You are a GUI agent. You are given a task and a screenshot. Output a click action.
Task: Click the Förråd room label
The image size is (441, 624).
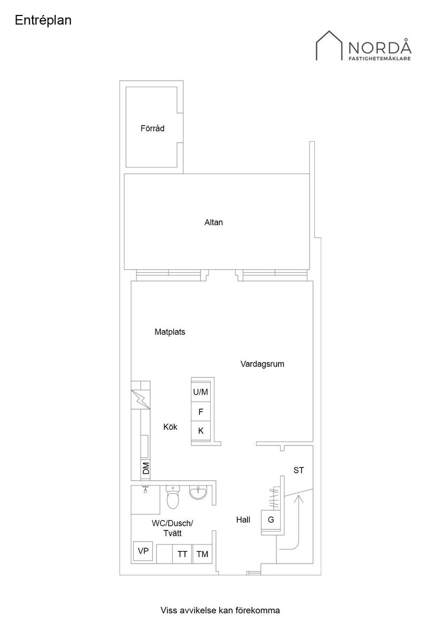152,128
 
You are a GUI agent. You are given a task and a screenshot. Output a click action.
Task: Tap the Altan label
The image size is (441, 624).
213,222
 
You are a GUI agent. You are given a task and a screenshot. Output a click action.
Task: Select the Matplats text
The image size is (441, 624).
169,332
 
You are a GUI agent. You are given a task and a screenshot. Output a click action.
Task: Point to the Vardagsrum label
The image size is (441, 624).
262,364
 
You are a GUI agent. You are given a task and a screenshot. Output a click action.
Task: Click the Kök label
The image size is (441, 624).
170,427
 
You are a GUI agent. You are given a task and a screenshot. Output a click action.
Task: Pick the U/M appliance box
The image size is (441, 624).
200,392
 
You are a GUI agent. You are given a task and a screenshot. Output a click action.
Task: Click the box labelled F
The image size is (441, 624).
200,412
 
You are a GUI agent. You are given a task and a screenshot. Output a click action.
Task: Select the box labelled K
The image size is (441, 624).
200,430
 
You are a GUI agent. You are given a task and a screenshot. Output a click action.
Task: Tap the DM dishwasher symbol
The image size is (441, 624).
145,468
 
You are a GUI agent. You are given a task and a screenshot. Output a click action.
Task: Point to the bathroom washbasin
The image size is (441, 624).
198,492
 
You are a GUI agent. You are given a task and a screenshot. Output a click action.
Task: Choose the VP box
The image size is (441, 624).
143,551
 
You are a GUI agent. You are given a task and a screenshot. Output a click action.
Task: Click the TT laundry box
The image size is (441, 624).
182,554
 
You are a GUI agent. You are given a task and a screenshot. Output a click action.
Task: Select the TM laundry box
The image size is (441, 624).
202,554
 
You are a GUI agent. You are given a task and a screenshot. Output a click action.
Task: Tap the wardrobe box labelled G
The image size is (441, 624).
271,519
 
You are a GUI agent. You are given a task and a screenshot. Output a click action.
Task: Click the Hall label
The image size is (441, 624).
243,519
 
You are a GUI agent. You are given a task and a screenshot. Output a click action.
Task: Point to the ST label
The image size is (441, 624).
299,471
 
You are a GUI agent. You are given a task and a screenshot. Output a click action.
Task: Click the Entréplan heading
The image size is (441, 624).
43,20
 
